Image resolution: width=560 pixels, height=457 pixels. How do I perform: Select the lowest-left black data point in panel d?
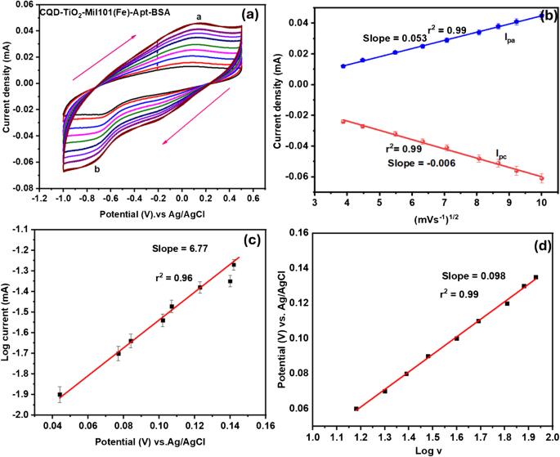click(356, 409)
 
